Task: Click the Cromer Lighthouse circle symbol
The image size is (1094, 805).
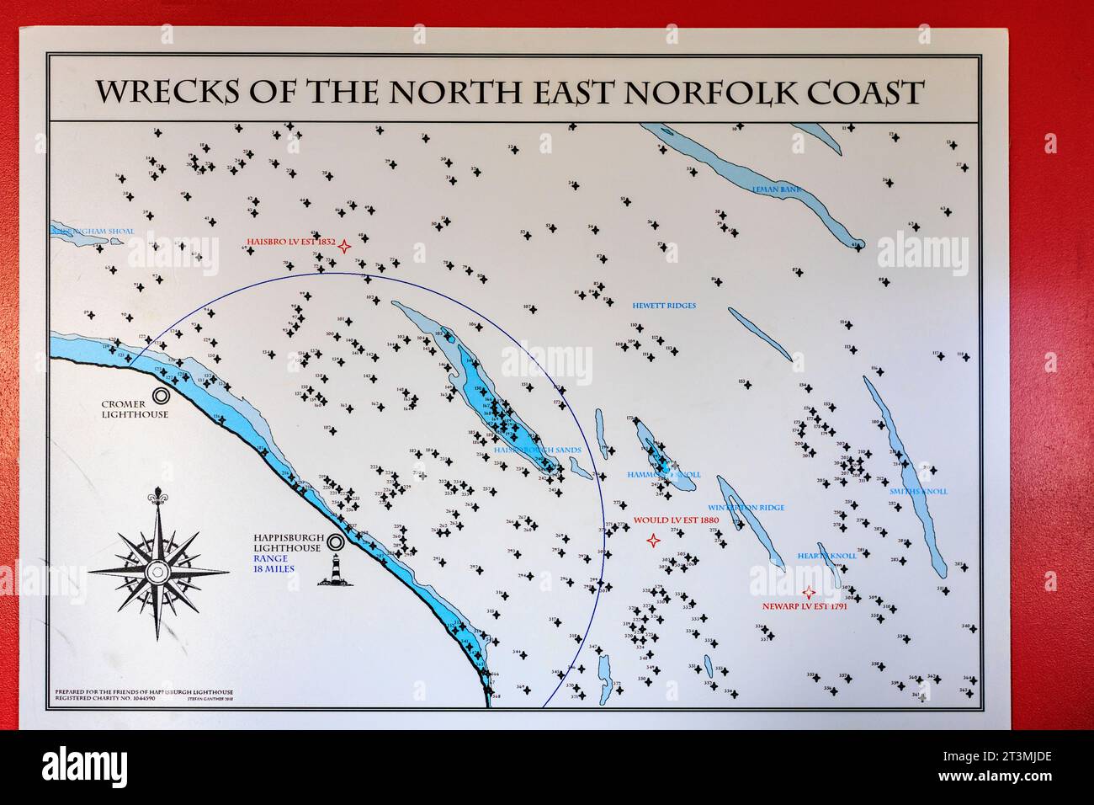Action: (161, 394)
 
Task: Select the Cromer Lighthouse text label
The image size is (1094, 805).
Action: (135, 409)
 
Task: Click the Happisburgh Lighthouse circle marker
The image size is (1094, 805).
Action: (336, 542)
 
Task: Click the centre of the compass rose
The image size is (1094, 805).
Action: (155, 572)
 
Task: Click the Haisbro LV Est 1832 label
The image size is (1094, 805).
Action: (290, 243)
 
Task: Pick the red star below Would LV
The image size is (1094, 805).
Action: (652, 540)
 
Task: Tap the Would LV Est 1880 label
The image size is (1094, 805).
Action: (676, 520)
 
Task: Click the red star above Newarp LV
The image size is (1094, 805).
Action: (808, 591)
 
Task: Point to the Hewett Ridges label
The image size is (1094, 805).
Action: (664, 306)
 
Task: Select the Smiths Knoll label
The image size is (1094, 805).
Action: (918, 491)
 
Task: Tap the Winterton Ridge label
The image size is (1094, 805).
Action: (746, 508)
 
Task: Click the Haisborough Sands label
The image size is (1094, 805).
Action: (539, 450)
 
